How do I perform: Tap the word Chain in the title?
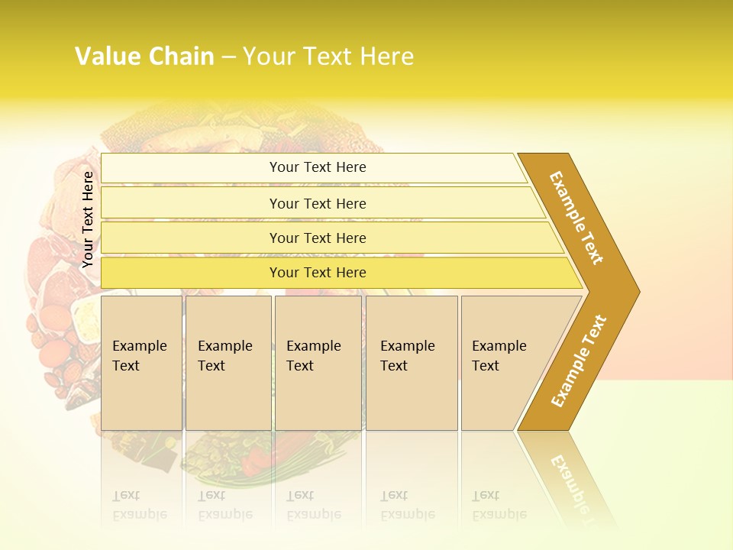(x=182, y=57)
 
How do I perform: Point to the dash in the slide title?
(x=228, y=57)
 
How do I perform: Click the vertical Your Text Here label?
(x=88, y=219)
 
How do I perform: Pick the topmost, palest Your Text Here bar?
(x=318, y=167)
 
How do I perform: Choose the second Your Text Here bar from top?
(x=318, y=203)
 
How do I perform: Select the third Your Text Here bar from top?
(x=318, y=238)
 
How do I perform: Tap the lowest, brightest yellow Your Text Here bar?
(x=318, y=273)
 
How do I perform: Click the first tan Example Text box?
(x=141, y=363)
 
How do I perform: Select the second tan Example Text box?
(x=228, y=363)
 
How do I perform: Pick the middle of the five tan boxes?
(x=317, y=363)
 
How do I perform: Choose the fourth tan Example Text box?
(x=411, y=363)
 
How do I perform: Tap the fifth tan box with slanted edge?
(x=508, y=363)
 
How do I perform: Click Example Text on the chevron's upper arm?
(x=576, y=218)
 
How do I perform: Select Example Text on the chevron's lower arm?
(x=578, y=361)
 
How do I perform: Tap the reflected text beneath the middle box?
(x=313, y=506)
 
